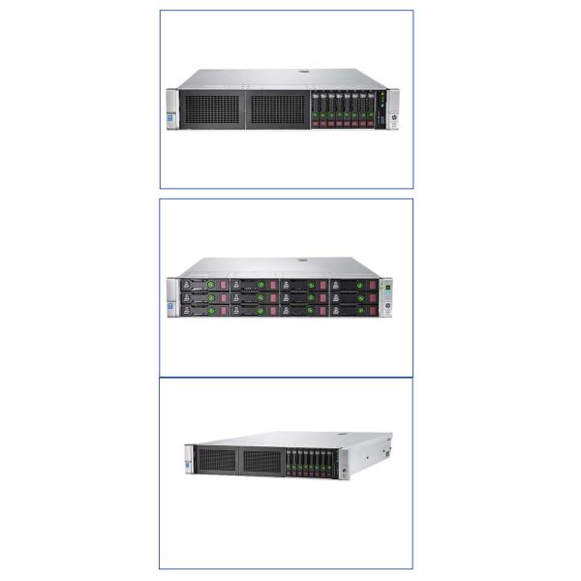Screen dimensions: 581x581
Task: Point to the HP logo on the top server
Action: pyautogui.click(x=394, y=122)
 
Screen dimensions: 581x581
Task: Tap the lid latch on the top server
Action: pyautogui.click(x=302, y=70)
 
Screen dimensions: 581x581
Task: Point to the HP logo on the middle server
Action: pyautogui.click(x=389, y=310)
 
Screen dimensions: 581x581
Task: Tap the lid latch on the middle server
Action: pyautogui.click(x=302, y=259)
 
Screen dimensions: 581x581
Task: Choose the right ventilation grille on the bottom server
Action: pyautogui.click(x=262, y=463)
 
